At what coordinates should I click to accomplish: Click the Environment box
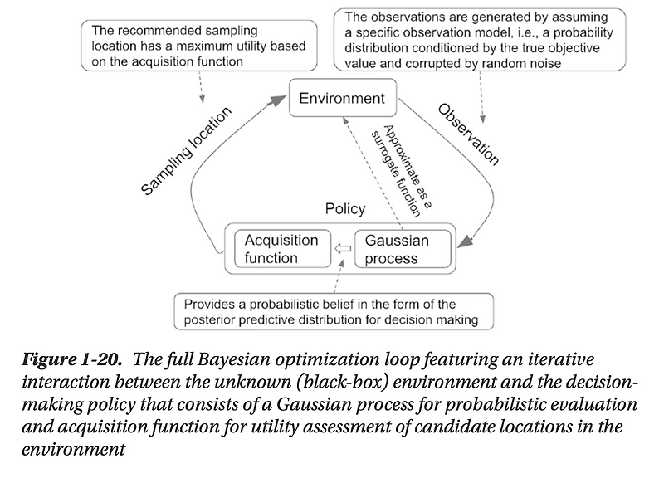341,98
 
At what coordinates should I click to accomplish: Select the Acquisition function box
281,249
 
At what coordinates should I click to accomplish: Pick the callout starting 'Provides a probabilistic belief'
332,311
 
